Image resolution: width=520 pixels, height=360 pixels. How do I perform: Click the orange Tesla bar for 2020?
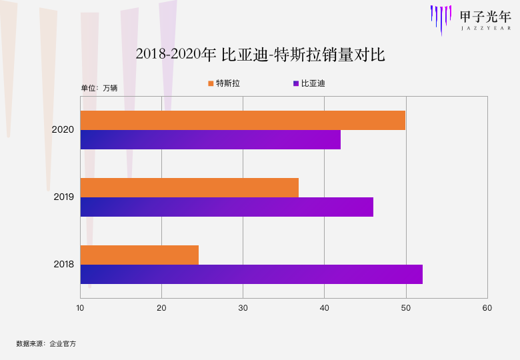coord(243,120)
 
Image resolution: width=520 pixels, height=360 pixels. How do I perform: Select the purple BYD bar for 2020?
coord(211,139)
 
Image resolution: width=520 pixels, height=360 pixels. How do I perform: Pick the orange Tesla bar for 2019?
coord(189,188)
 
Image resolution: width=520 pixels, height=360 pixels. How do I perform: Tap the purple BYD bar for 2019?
coord(227,207)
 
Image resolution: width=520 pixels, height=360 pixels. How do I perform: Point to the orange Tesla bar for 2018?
coord(139,255)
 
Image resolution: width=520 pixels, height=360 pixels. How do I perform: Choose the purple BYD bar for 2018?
coord(251,274)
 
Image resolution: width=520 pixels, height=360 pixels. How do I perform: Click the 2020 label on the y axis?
coord(63,129)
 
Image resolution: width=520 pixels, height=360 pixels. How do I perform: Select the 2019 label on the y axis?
coord(63,197)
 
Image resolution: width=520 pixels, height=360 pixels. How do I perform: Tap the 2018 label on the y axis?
coord(63,265)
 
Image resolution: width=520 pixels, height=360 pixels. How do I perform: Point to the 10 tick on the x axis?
coord(80,307)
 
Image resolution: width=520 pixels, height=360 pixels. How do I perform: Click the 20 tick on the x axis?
coord(161,307)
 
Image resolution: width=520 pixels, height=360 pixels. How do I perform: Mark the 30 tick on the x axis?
coord(243,307)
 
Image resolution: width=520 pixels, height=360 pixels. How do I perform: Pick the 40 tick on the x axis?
coord(324,307)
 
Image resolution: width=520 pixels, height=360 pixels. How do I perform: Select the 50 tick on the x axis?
coord(406,307)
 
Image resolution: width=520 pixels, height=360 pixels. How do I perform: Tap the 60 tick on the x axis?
coord(487,307)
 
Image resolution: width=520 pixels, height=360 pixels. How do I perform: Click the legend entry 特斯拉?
coord(224,83)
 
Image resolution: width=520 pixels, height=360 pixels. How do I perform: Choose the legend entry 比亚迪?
coord(309,83)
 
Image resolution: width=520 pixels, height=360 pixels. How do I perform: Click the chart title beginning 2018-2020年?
coord(260,54)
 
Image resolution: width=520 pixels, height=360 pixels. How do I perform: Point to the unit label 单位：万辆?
coord(99,88)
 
